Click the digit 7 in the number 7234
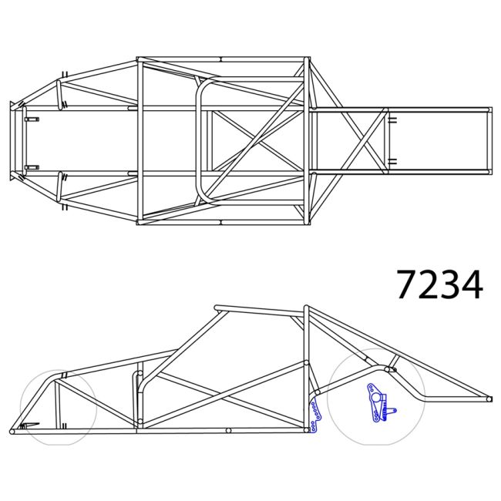click(408, 284)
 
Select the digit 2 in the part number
click(429, 284)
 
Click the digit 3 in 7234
click(450, 284)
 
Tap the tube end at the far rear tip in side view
click(489, 398)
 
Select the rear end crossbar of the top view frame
click(489, 140)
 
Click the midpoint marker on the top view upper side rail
click(220, 59)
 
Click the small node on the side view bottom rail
click(229, 430)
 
